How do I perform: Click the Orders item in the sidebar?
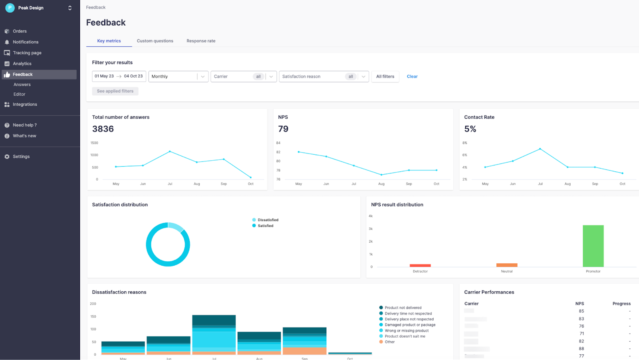point(20,31)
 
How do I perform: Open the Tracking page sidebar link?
point(27,53)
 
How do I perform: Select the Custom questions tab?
point(155,41)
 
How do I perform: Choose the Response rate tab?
point(201,41)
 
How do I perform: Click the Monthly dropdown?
point(178,76)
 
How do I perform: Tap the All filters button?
point(385,76)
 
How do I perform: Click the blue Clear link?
point(412,76)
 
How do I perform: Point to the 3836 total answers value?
point(103,129)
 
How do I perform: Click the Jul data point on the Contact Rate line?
point(540,149)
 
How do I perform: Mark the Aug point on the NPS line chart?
point(381,175)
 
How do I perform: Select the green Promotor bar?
point(593,246)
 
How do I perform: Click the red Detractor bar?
point(420,265)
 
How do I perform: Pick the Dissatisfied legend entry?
point(268,220)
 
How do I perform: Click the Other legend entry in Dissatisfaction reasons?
point(389,342)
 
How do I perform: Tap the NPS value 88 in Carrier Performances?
point(581,349)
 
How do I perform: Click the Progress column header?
point(621,304)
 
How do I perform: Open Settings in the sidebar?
point(21,157)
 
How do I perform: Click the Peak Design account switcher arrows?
point(70,8)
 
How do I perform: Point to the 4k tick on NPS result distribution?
point(371,216)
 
